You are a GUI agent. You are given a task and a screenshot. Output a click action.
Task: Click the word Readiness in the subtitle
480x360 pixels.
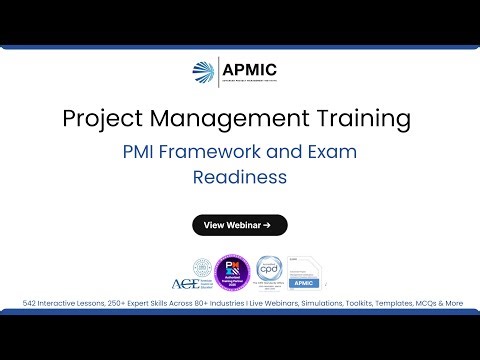click(x=240, y=177)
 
